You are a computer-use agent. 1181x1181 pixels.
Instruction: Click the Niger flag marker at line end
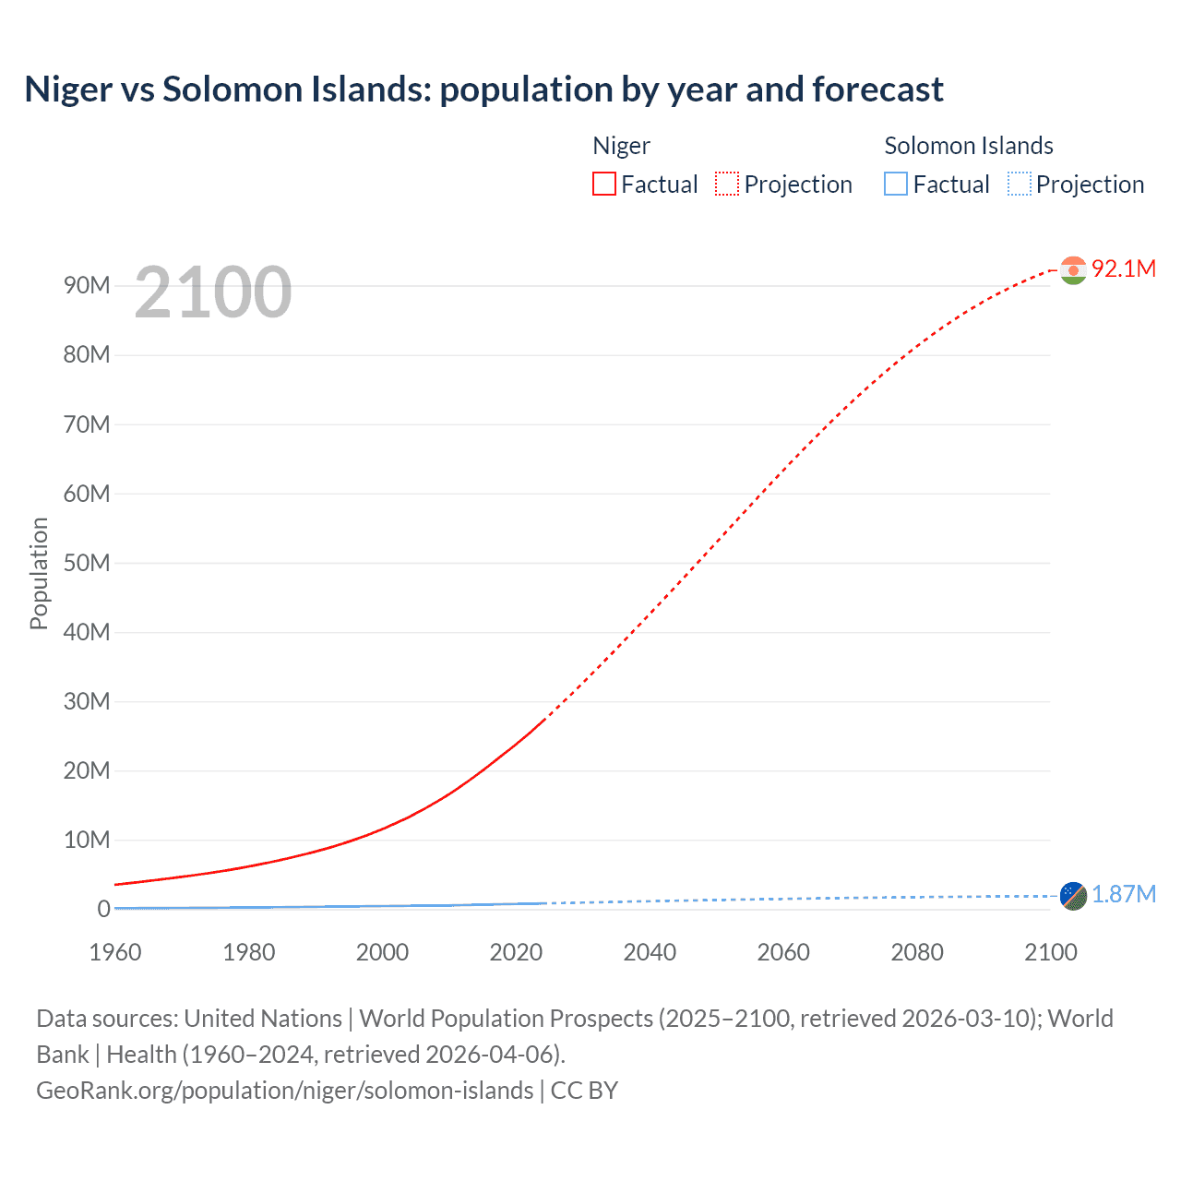click(x=1073, y=269)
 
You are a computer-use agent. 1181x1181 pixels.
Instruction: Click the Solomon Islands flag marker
click(x=1073, y=895)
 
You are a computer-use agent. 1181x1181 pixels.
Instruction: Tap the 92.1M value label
click(x=1123, y=268)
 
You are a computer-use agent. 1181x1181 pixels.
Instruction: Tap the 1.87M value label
click(x=1123, y=894)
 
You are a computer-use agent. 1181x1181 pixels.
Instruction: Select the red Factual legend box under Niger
click(x=603, y=184)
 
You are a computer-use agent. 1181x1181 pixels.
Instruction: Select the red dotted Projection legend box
click(x=727, y=184)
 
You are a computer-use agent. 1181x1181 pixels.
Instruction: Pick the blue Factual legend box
click(x=895, y=184)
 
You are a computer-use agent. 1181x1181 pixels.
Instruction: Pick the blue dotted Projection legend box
click(x=1019, y=184)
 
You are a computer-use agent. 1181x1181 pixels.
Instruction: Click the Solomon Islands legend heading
click(x=968, y=146)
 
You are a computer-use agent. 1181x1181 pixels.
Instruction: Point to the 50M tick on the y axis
click(x=87, y=563)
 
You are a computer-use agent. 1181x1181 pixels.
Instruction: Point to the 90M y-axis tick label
click(x=87, y=285)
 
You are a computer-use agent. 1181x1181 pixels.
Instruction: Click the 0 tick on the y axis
click(x=103, y=909)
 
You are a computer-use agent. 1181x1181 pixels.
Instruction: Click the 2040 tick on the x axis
click(x=650, y=952)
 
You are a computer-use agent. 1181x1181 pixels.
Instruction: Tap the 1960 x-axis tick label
click(x=115, y=952)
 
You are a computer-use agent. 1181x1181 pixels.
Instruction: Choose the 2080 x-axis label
click(x=916, y=952)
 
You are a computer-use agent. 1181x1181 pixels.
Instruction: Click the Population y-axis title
click(x=39, y=573)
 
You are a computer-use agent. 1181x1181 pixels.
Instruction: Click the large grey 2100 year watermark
click(x=212, y=292)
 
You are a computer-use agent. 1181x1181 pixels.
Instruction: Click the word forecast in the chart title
click(x=877, y=89)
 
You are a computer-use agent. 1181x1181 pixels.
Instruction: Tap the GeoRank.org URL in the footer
click(x=284, y=1090)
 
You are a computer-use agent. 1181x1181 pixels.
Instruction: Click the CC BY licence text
click(x=584, y=1090)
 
